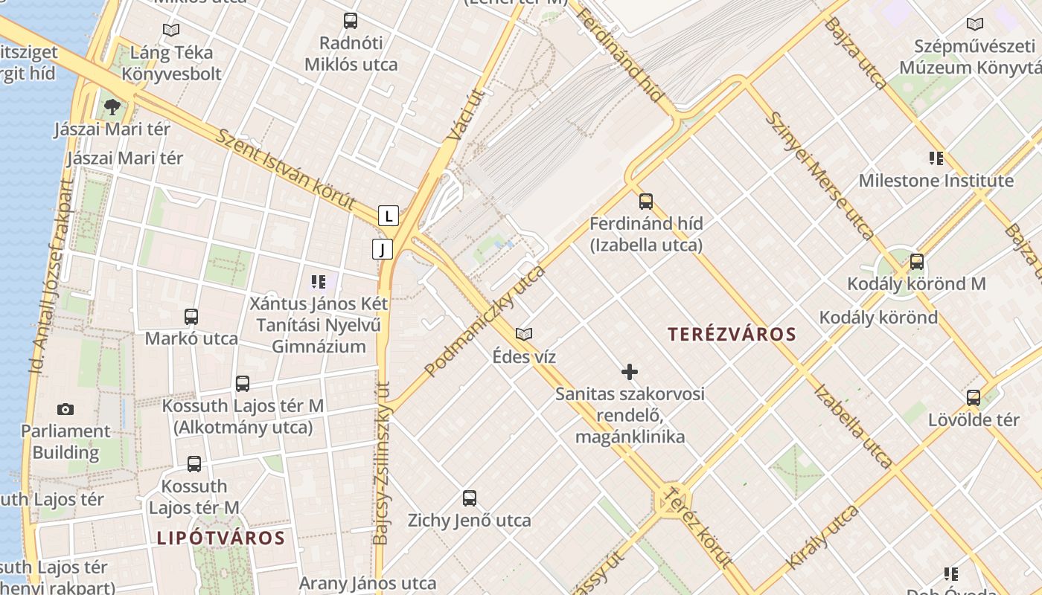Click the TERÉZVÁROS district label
[x=732, y=335]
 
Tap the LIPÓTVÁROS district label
[x=221, y=538]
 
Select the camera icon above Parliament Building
[x=65, y=409]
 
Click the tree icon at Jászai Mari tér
[x=112, y=107]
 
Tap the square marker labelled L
[x=389, y=216]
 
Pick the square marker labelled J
[x=383, y=249]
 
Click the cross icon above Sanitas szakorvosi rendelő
[x=630, y=371]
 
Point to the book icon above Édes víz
[x=524, y=334]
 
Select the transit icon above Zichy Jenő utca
[x=469, y=498]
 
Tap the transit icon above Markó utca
[x=191, y=316]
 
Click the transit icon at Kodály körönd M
[x=917, y=262]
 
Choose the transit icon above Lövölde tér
[x=973, y=397]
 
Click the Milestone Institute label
[x=936, y=181]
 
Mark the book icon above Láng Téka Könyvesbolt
[x=171, y=30]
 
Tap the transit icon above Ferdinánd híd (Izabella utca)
[x=645, y=201]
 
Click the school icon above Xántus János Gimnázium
[x=319, y=282]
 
